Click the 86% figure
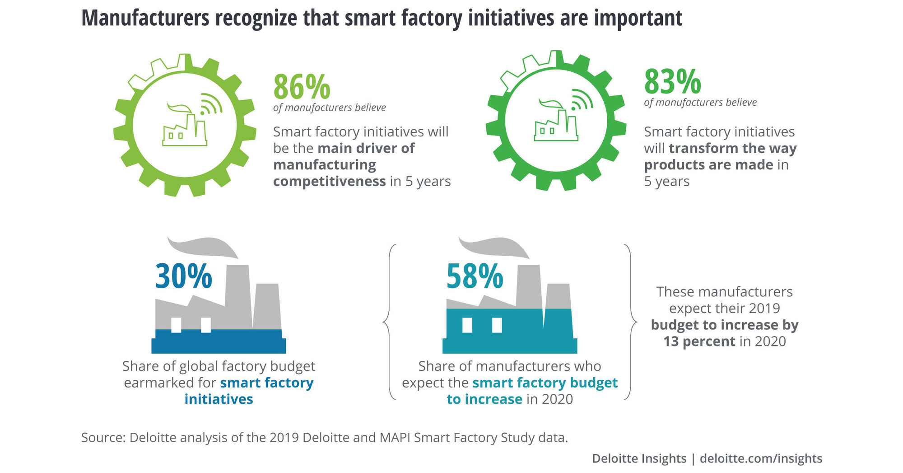(x=302, y=87)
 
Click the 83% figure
(x=672, y=82)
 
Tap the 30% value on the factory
(x=183, y=276)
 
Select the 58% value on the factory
(x=475, y=276)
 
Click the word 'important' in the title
(x=638, y=18)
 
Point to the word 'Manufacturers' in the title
(x=145, y=18)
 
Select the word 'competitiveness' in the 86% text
(x=329, y=182)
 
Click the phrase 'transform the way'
(x=732, y=148)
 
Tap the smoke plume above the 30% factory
(x=202, y=247)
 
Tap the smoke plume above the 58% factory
(x=493, y=247)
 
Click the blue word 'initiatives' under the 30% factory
(x=219, y=399)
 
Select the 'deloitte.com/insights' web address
(x=761, y=459)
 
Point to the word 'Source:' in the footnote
(x=103, y=438)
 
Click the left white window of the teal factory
(x=467, y=325)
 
